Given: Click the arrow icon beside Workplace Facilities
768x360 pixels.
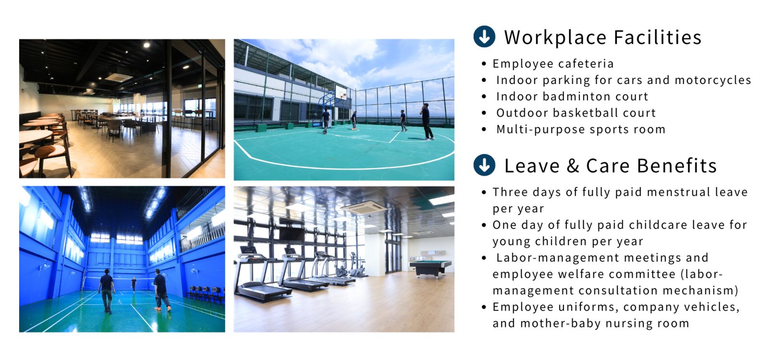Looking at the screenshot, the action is click(x=484, y=36).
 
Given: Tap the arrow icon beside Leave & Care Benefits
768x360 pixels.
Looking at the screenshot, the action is click(x=484, y=165).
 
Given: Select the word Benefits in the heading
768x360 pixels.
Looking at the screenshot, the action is click(x=677, y=166).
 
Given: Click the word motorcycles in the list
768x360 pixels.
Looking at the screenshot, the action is click(x=713, y=80).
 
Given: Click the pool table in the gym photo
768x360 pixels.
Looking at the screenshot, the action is click(x=431, y=267).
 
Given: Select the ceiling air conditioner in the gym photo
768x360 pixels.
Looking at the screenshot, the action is click(x=363, y=207).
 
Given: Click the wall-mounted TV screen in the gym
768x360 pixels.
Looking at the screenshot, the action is click(x=291, y=234).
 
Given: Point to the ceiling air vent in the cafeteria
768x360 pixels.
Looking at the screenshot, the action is click(x=119, y=77).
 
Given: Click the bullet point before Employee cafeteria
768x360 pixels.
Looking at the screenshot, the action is click(x=484, y=64).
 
